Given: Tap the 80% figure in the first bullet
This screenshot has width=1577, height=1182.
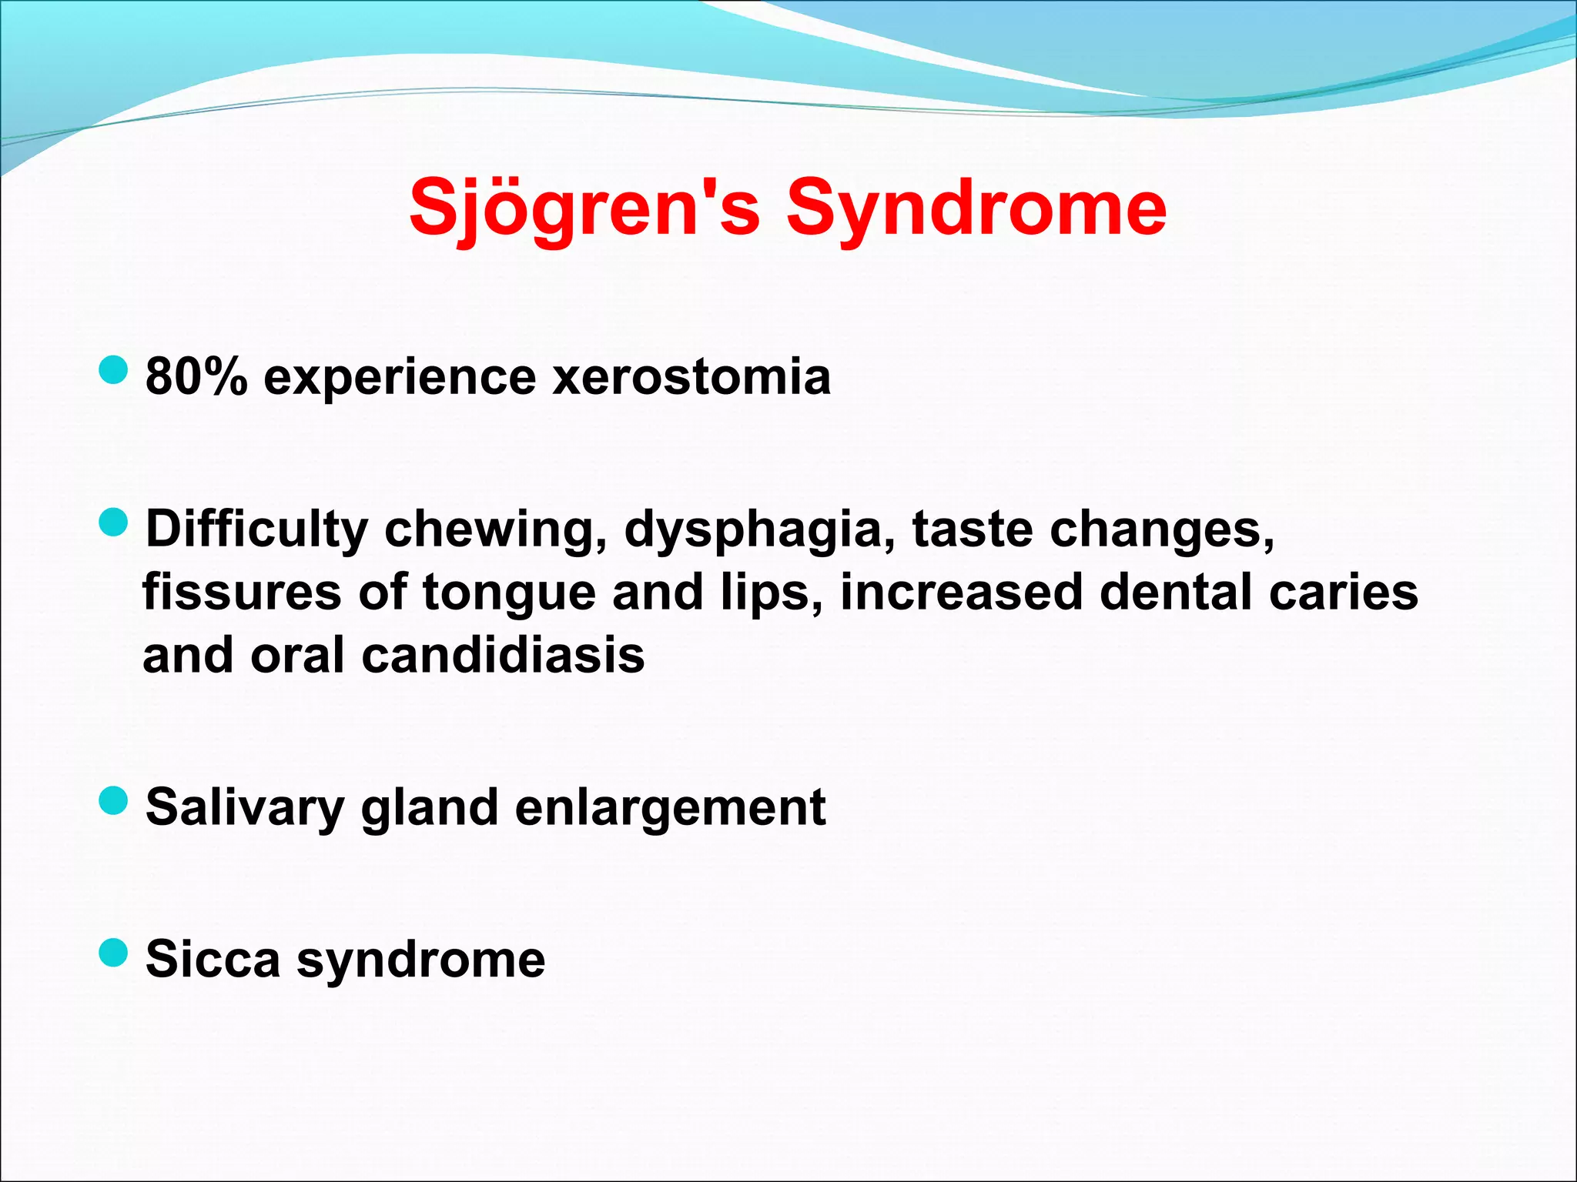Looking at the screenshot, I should [x=196, y=377].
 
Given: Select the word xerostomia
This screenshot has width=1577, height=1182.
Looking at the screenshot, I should [x=691, y=377].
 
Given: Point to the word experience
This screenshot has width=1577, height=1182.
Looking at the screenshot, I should [x=400, y=377].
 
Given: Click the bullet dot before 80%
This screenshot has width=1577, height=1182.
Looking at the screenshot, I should [x=113, y=371].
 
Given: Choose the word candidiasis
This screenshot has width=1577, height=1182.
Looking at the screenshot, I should [x=503, y=656].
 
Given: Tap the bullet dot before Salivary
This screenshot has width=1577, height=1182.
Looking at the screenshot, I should [x=113, y=800].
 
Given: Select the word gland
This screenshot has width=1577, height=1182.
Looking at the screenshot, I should [x=430, y=808].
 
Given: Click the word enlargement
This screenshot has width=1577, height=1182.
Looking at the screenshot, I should [x=670, y=808].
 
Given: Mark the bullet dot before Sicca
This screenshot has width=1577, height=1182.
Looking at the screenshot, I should [x=113, y=953].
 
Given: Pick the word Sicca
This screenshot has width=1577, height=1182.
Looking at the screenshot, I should [x=213, y=960].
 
